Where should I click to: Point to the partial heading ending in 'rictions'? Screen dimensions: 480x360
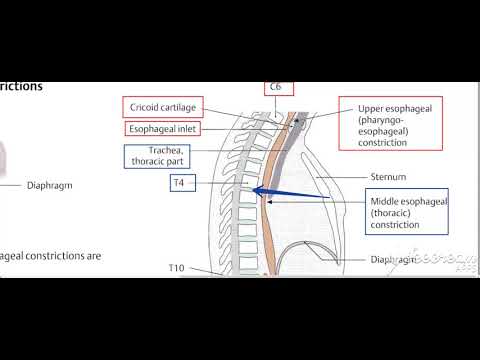coord(21,86)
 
